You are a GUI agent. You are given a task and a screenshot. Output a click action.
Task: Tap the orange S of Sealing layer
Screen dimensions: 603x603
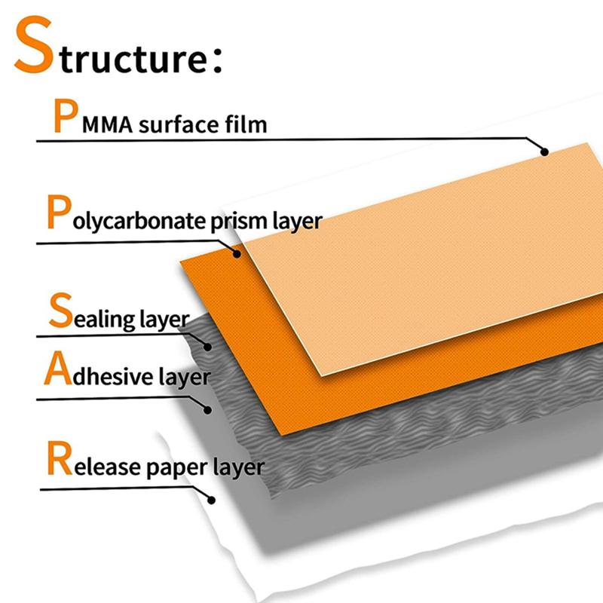[x=61, y=311]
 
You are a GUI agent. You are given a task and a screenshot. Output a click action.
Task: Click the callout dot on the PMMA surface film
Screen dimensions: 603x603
[x=544, y=152]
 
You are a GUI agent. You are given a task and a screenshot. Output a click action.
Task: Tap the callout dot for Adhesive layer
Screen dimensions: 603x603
[x=208, y=409]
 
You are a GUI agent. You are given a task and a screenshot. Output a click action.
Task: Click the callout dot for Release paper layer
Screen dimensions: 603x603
[x=212, y=499]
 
